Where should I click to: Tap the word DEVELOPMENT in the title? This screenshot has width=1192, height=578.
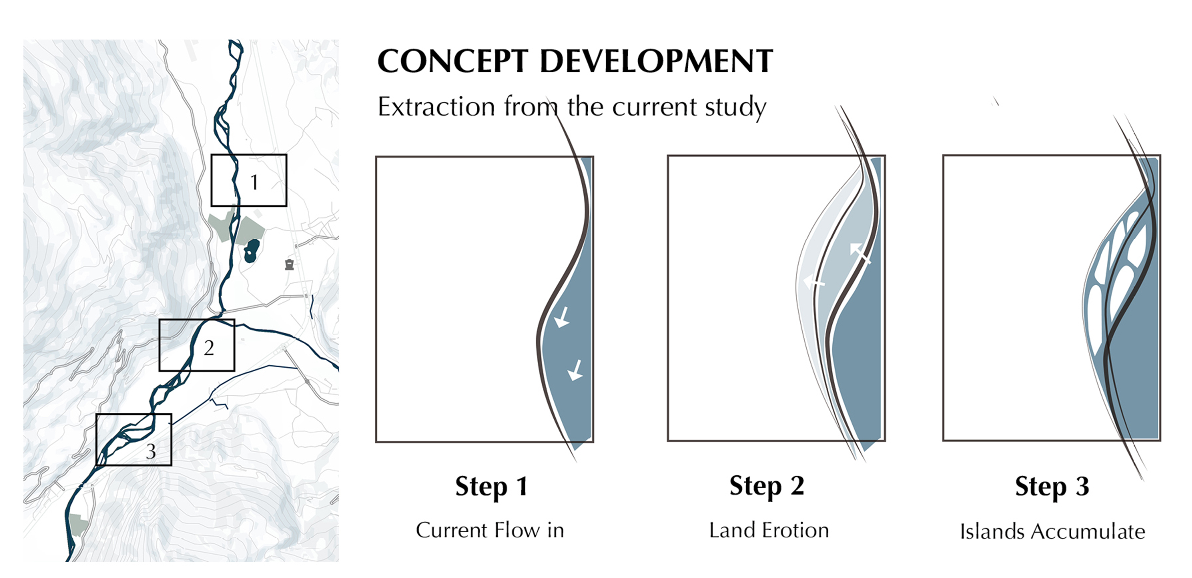[x=656, y=62]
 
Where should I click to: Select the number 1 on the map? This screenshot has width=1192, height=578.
[x=254, y=182]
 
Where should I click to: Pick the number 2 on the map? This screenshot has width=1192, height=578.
[x=209, y=348]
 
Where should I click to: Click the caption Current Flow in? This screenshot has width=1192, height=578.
[x=490, y=530]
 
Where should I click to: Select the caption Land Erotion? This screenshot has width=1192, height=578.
[x=769, y=530]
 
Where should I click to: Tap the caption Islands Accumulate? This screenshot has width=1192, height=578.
[x=1052, y=532]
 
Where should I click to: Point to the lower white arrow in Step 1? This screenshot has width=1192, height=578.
[x=575, y=370]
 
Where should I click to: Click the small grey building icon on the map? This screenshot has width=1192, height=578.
[x=290, y=265]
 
